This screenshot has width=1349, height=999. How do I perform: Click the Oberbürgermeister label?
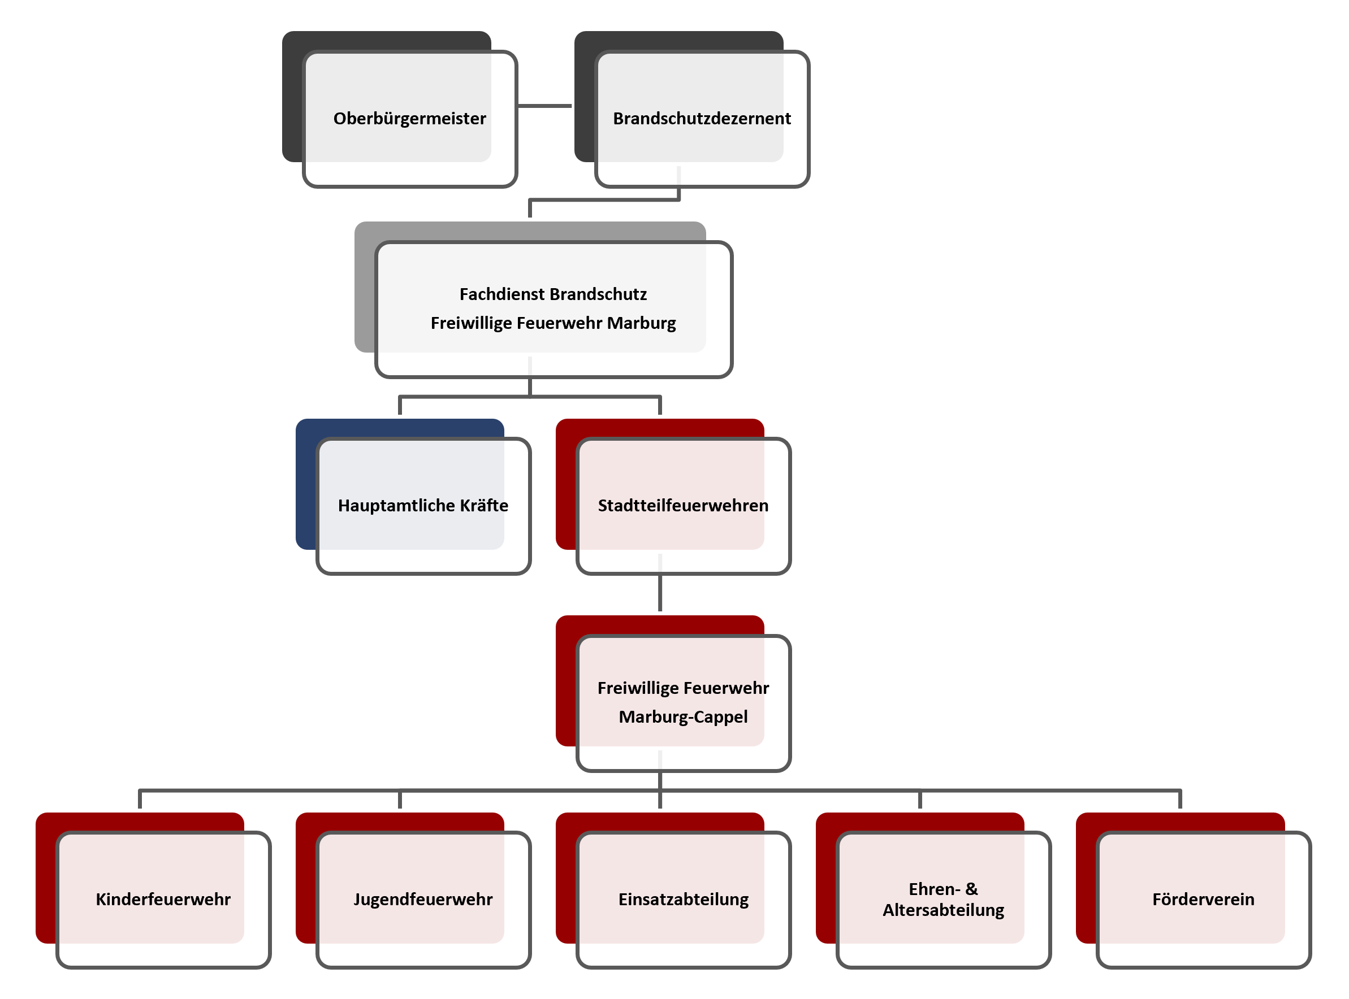pyautogui.click(x=409, y=119)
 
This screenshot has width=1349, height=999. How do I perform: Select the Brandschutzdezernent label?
pyautogui.click(x=702, y=119)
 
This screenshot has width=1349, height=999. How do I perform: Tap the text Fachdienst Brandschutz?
pyautogui.click(x=553, y=294)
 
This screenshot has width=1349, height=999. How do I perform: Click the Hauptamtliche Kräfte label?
pyautogui.click(x=423, y=506)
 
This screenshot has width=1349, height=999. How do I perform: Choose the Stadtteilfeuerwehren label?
pyautogui.click(x=683, y=506)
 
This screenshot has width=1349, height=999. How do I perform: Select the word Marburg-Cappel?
pyautogui.click(x=683, y=717)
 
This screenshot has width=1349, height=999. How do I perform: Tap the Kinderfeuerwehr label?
pyautogui.click(x=163, y=899)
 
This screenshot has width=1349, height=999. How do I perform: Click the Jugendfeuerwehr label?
pyautogui.click(x=423, y=899)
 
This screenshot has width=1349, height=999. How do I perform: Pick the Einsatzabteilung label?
pyautogui.click(x=683, y=899)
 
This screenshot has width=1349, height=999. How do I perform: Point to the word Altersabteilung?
pyautogui.click(x=943, y=910)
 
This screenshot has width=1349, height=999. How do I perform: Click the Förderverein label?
pyautogui.click(x=1203, y=899)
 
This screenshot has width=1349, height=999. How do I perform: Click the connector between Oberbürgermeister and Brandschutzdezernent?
pyautogui.click(x=544, y=106)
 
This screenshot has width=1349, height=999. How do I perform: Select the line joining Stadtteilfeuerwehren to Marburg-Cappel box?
pyautogui.click(x=660, y=593)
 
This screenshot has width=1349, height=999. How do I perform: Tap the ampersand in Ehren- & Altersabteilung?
pyautogui.click(x=971, y=889)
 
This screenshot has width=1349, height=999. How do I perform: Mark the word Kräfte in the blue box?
pyautogui.click(x=484, y=506)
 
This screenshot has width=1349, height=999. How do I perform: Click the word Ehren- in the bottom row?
pyautogui.click(x=934, y=889)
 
